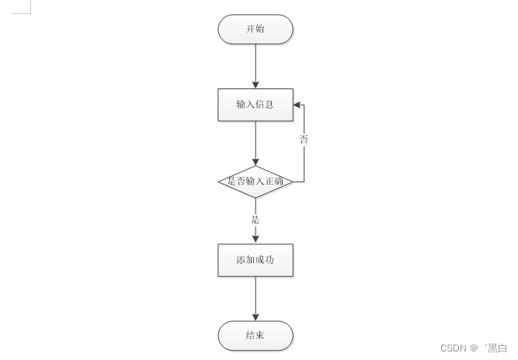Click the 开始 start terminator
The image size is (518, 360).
pyautogui.click(x=256, y=29)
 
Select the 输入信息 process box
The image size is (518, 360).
pyautogui.click(x=256, y=105)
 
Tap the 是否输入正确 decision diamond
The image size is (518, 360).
pyautogui.click(x=256, y=182)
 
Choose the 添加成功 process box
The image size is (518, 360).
pyautogui.click(x=256, y=260)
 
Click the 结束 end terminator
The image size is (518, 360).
pyautogui.click(x=256, y=336)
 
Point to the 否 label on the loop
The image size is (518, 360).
pyautogui.click(x=304, y=140)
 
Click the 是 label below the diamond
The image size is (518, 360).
pyautogui.click(x=256, y=220)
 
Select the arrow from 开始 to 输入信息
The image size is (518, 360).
pyautogui.click(x=256, y=65)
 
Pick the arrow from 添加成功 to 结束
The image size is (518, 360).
pyautogui.click(x=256, y=298)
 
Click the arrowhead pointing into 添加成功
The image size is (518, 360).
pyautogui.click(x=256, y=239)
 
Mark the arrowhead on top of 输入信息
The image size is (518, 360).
pyautogui.click(x=256, y=85)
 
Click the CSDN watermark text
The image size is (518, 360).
pyautogui.click(x=452, y=348)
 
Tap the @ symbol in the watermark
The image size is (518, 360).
pyautogui.click(x=474, y=348)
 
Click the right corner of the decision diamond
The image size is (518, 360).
pyautogui.click(x=292, y=182)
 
